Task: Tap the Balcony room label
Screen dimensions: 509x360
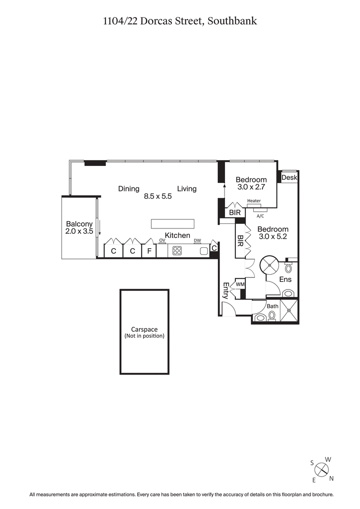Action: (79, 224)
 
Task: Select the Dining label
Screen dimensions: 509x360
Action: (129, 189)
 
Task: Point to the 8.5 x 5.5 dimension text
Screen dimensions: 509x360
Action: (158, 196)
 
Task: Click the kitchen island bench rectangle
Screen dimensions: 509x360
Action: (172, 224)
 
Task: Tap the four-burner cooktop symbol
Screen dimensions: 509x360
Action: (177, 251)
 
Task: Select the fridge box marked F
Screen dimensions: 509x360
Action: (148, 251)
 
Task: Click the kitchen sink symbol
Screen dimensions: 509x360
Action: (204, 251)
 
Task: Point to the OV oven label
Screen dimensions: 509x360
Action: (162, 241)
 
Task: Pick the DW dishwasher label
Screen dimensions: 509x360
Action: (197, 241)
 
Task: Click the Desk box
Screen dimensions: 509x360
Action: (289, 178)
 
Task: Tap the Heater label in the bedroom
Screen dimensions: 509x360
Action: (254, 201)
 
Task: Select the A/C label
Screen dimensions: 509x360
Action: (260, 215)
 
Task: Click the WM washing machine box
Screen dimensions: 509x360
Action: (240, 284)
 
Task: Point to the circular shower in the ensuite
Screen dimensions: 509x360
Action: (271, 265)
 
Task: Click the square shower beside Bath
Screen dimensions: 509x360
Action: (289, 311)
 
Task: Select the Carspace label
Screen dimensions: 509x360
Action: (144, 330)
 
